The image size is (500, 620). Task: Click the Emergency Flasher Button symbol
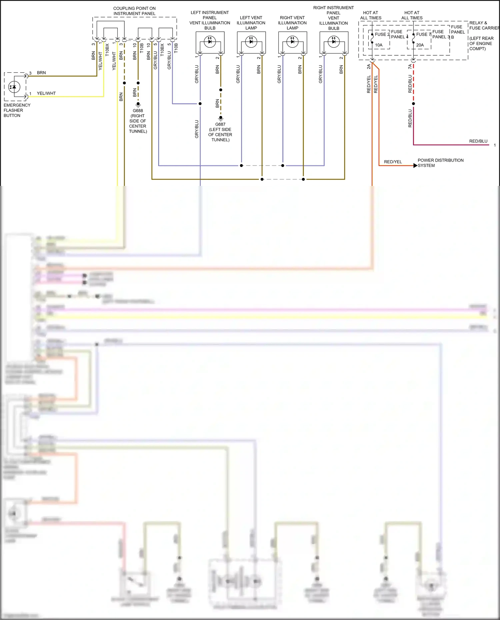[x=14, y=87]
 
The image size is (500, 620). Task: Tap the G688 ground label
[x=138, y=111]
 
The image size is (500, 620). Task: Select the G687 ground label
[x=220, y=124]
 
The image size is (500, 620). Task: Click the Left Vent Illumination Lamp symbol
[x=251, y=42]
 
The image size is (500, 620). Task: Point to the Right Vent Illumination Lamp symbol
[x=292, y=42]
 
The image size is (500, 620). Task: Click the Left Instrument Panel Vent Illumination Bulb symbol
[x=210, y=42]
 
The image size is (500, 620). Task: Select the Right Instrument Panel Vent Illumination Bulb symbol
[x=334, y=42]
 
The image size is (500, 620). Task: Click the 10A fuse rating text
[x=379, y=45]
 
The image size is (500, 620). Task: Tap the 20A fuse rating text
[x=420, y=45]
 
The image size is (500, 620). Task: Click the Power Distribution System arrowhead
[x=415, y=166]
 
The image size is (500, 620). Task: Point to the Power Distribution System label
[x=440, y=163]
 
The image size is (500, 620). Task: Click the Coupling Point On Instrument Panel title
[x=134, y=11]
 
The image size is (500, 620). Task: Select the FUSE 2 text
[x=382, y=34]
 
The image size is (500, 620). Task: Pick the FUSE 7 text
[x=423, y=34]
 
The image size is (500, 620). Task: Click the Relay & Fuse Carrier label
[x=484, y=25]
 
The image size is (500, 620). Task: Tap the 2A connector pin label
[x=369, y=67]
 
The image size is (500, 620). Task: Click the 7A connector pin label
[x=410, y=67]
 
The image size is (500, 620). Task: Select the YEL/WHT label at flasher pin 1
[x=46, y=93]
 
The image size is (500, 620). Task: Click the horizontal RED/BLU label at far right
[x=478, y=141]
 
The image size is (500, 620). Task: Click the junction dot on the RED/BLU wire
[x=413, y=104]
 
